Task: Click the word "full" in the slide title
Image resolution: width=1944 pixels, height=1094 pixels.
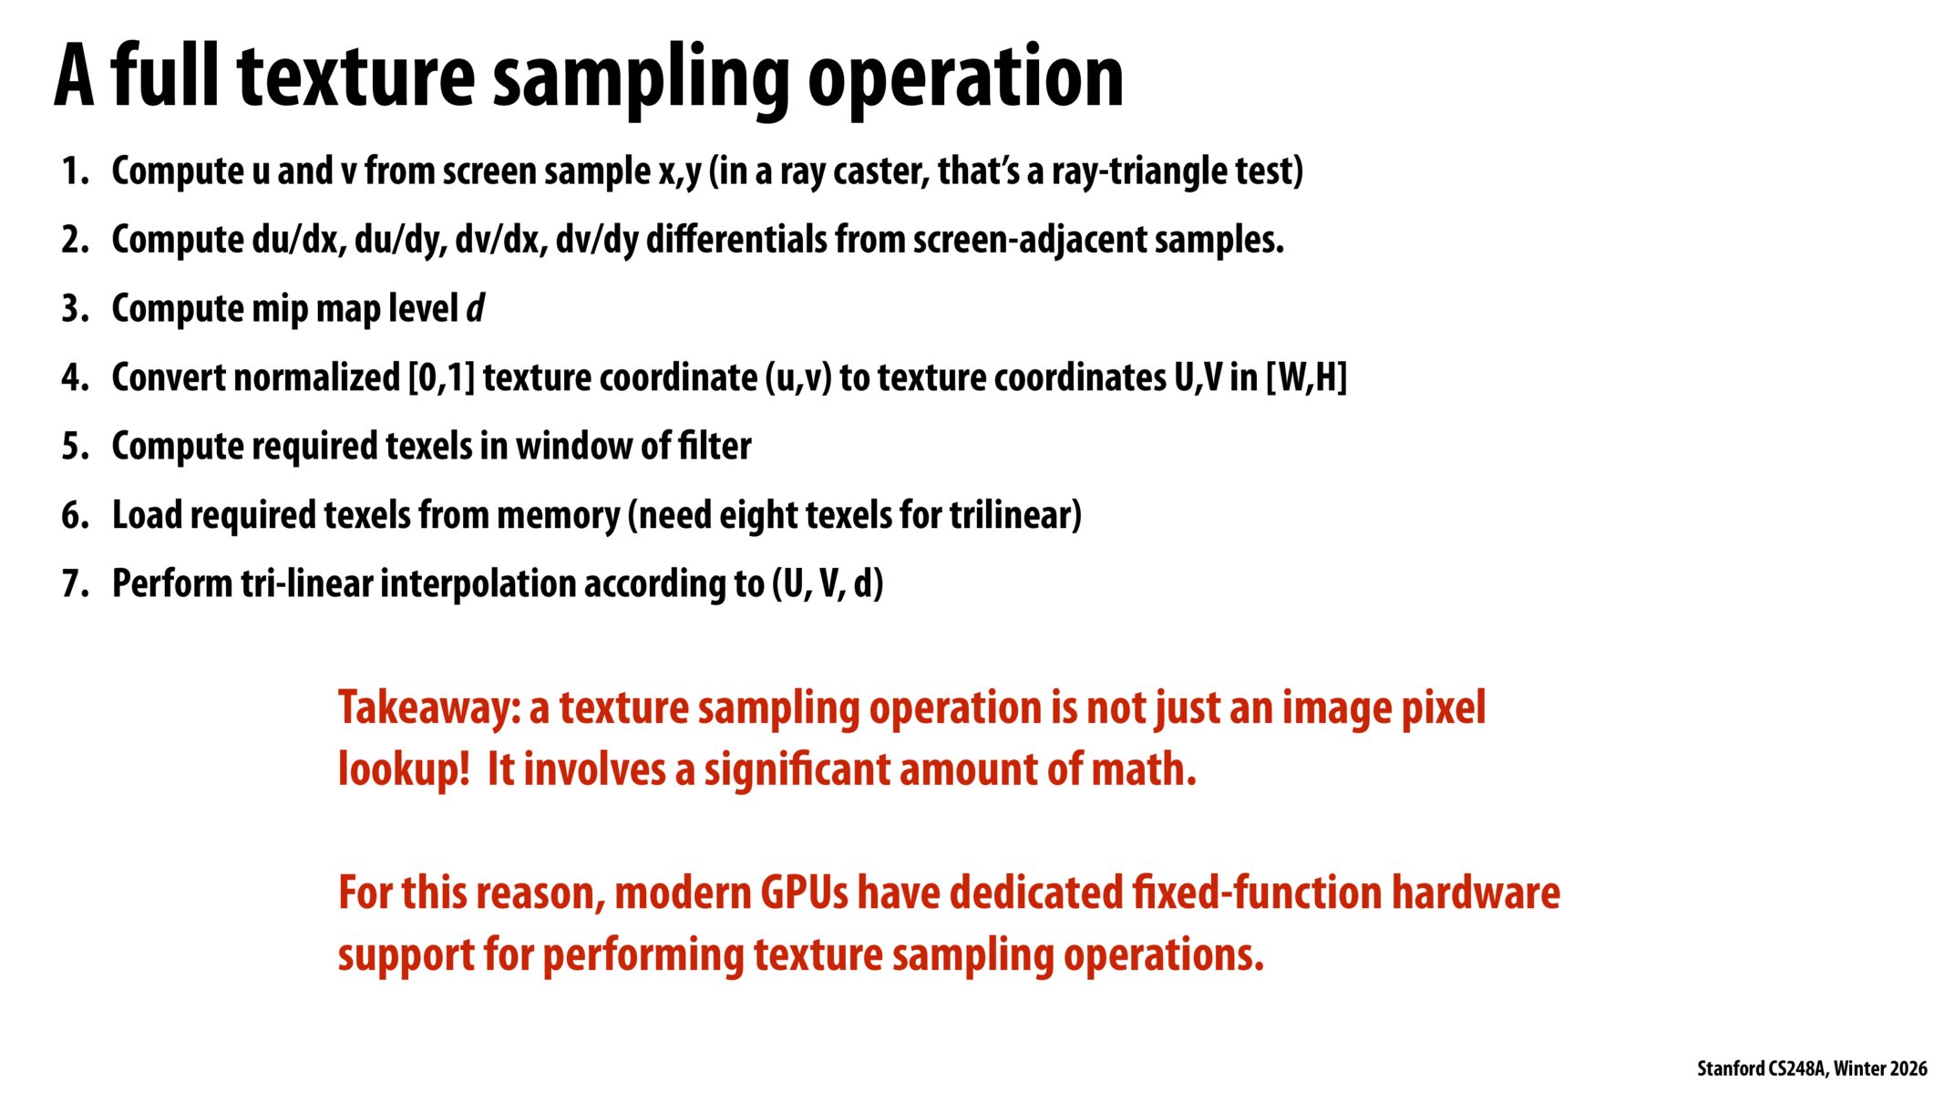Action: point(166,77)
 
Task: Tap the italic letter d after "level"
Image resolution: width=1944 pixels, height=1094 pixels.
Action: point(475,309)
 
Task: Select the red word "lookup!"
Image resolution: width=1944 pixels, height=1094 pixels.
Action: point(404,770)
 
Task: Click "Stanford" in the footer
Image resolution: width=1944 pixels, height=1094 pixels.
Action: point(1730,1068)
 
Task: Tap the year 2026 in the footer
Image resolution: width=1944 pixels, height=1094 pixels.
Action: point(1908,1068)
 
